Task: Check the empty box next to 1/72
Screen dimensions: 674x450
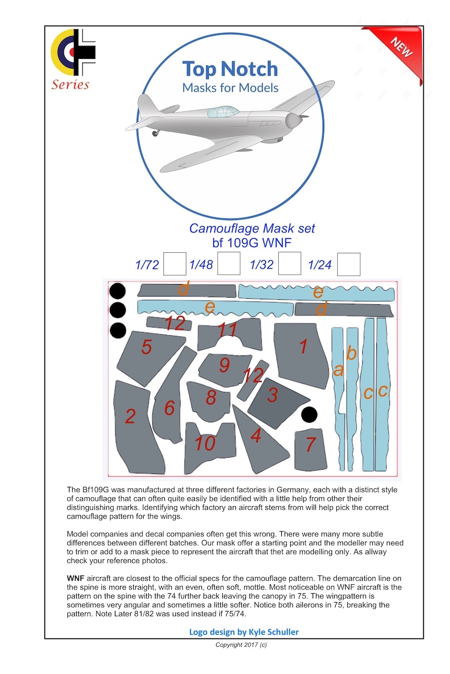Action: [x=174, y=264]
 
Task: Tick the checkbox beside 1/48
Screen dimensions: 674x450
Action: [x=229, y=264]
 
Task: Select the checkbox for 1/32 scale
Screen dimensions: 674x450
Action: [x=289, y=264]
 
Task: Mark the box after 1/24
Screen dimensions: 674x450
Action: [x=349, y=264]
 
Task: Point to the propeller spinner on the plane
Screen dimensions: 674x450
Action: [x=294, y=121]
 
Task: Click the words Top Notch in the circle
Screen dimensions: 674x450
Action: [x=230, y=69]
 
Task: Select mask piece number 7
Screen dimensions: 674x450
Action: [x=310, y=448]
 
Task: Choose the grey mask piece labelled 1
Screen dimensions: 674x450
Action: [x=302, y=354]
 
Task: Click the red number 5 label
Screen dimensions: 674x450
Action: [x=147, y=347]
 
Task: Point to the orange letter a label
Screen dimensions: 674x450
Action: [x=338, y=370]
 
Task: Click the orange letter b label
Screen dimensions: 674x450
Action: [x=352, y=353]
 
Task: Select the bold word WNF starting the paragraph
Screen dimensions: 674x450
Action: [x=76, y=579]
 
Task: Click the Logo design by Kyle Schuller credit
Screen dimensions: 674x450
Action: [x=244, y=632]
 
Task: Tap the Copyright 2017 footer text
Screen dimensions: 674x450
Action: [x=241, y=645]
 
